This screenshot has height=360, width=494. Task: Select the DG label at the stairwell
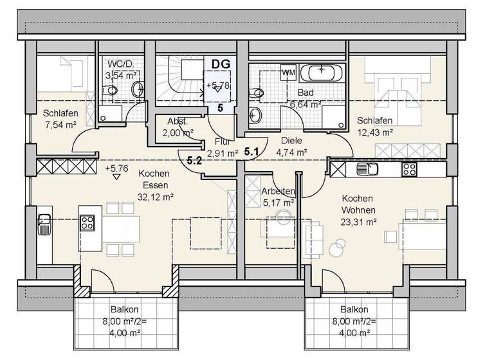coord(221,64)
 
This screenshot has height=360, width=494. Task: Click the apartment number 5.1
coord(251,152)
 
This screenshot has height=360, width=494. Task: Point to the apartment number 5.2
coord(195,162)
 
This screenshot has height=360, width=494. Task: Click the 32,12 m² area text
coord(154,197)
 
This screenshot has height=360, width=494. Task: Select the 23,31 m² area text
coord(359,221)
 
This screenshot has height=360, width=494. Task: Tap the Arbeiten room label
coord(278,192)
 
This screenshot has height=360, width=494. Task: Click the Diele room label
coord(291,141)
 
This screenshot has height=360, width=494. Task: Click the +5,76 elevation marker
coord(116,169)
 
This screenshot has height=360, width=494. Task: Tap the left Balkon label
coord(124,309)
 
